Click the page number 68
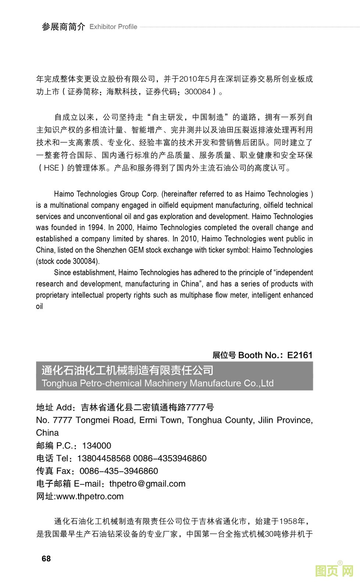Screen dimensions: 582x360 coord(46,558)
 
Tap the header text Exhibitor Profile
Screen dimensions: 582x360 coord(113,27)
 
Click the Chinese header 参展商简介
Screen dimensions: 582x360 coord(63,27)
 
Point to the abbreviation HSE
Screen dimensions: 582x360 coord(51,168)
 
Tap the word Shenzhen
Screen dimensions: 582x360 coord(111,250)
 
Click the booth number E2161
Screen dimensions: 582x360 coord(300,355)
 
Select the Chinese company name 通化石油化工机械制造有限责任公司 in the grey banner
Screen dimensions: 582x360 coord(127,370)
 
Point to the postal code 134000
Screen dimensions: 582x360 coord(97,446)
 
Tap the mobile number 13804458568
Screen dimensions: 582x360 coord(104,458)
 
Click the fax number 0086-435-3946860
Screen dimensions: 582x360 coord(119,471)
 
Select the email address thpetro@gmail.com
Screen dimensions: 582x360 coord(147,484)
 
